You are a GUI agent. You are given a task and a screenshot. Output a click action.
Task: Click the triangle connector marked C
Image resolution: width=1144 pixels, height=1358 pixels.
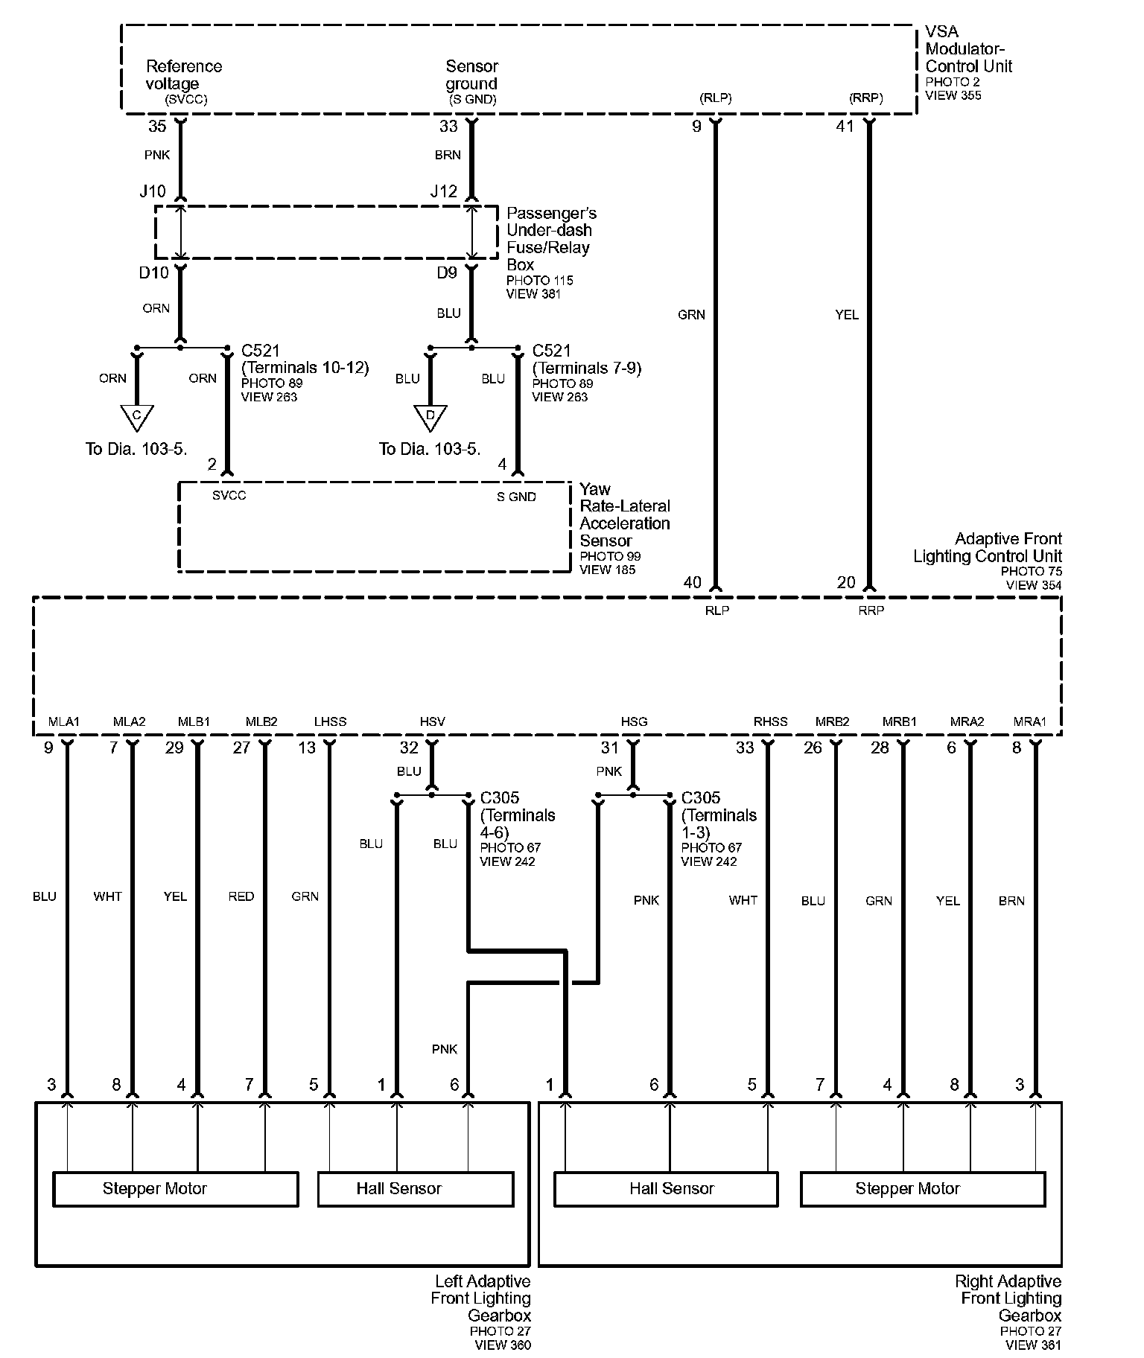point(136,417)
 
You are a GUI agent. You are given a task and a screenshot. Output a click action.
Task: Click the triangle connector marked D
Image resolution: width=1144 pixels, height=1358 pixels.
point(430,417)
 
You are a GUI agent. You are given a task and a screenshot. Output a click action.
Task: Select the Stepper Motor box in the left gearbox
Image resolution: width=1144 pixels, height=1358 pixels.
point(175,1189)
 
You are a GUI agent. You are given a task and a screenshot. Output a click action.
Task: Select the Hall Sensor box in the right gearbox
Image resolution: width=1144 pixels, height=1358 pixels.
point(666,1189)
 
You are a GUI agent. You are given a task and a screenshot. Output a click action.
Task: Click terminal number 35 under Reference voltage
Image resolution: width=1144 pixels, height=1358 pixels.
point(157,127)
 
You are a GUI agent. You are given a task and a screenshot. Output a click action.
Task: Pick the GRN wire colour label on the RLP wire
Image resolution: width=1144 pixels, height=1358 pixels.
point(691,315)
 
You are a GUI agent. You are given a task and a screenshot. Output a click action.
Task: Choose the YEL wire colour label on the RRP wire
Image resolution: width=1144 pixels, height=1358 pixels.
point(847,315)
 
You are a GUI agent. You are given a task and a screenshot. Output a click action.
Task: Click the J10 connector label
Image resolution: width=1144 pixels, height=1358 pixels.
point(153,191)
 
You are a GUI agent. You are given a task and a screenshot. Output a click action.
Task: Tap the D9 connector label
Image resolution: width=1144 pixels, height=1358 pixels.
point(447,273)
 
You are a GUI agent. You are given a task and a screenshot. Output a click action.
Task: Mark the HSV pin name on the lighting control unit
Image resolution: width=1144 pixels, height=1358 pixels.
point(432,721)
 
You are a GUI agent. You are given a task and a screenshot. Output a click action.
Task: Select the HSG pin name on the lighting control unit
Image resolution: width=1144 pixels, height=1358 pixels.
point(634,721)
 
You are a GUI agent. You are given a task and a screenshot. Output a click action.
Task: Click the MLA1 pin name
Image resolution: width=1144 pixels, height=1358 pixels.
point(64,721)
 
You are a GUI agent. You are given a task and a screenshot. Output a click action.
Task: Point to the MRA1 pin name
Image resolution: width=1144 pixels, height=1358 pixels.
point(1030,721)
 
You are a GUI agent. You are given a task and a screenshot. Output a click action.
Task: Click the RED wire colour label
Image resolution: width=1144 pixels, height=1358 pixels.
point(241,896)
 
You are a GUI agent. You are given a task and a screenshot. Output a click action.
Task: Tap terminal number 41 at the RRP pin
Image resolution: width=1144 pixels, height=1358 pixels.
point(845,127)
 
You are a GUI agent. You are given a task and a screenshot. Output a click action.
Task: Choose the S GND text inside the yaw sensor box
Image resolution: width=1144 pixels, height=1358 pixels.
point(516,497)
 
